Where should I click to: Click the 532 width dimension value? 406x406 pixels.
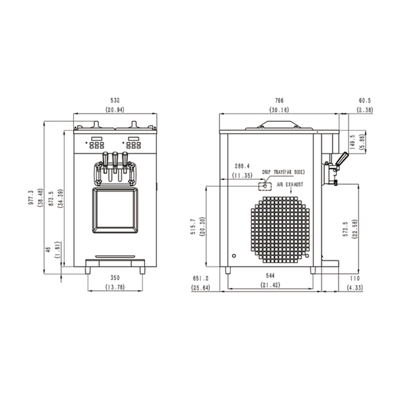[x=115, y=100]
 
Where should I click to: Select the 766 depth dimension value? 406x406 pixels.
[x=279, y=100]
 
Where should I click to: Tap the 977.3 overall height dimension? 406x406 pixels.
[x=31, y=198]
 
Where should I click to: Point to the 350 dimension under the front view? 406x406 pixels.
[x=115, y=278]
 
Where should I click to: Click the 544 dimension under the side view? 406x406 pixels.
[x=270, y=276]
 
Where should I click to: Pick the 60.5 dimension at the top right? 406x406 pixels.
[x=365, y=100]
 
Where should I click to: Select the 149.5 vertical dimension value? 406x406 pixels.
[x=352, y=142]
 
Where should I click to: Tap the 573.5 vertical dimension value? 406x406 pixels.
[x=345, y=229]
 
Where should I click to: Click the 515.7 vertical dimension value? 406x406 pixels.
[x=193, y=227]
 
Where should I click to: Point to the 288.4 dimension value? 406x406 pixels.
[x=242, y=166]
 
